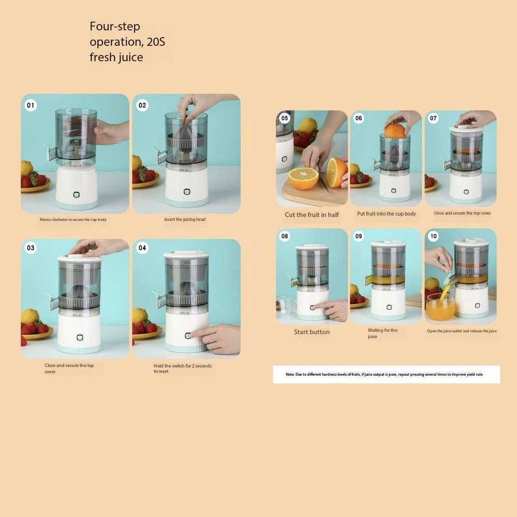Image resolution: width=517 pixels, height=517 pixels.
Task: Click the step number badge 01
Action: [30, 105]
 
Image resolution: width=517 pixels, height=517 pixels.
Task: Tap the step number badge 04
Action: [142, 247]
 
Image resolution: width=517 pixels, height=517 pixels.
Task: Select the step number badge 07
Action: [433, 118]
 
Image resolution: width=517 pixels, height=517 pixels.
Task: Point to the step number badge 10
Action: [433, 236]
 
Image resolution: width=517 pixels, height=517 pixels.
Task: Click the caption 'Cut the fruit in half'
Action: [312, 215]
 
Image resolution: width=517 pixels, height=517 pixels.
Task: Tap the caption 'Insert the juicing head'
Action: [185, 219]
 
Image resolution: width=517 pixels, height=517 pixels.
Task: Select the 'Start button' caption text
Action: [312, 332]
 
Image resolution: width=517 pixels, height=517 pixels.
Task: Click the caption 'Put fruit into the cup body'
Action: [386, 214]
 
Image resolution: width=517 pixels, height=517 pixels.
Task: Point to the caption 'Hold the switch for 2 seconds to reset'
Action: [182, 368]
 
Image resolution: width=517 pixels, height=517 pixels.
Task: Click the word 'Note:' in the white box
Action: [290, 374]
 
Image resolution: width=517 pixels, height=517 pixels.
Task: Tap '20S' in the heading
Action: [156, 42]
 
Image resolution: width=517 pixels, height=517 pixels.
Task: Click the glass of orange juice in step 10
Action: [440, 307]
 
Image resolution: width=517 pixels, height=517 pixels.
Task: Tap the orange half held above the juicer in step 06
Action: [395, 130]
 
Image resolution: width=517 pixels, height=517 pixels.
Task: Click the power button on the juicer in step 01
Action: [77, 194]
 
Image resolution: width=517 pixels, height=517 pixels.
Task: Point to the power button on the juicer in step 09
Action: [389, 307]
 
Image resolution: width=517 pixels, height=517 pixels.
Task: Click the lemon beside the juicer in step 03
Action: [29, 316]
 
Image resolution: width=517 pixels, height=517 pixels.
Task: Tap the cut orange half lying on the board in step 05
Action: [303, 178]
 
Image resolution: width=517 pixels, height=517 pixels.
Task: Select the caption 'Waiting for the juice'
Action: [382, 333]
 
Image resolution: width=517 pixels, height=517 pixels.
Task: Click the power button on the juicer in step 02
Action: [187, 191]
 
